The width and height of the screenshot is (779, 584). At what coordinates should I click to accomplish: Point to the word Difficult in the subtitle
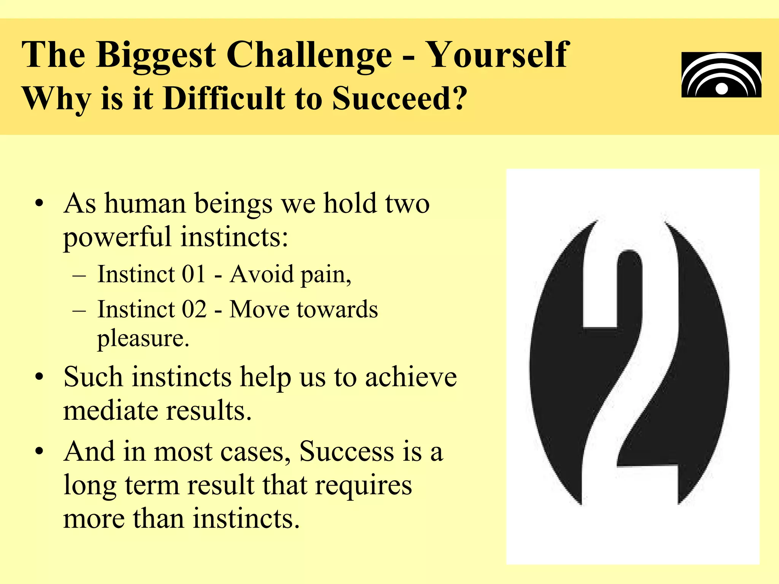tap(224, 98)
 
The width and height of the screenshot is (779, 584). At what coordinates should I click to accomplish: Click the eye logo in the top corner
tap(721, 75)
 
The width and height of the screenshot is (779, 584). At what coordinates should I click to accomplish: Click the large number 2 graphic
tap(630, 363)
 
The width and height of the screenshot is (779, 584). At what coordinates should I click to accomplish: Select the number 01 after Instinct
tap(194, 274)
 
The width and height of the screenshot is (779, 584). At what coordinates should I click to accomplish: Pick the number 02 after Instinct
tap(194, 309)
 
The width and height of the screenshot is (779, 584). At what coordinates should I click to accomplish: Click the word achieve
tap(411, 377)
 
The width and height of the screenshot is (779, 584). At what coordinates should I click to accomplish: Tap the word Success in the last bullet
tap(347, 452)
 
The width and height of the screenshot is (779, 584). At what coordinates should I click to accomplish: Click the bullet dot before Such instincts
tap(39, 378)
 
